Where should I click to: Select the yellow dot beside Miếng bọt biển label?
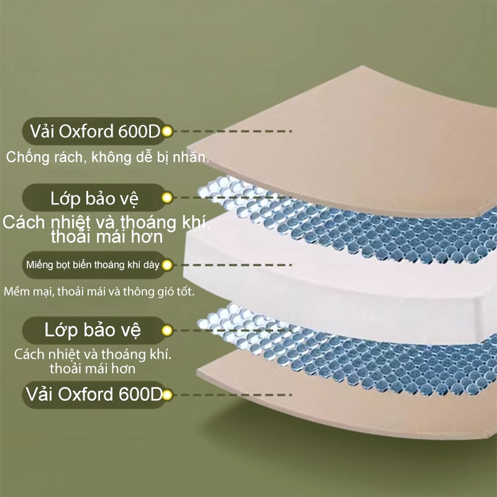[167, 265]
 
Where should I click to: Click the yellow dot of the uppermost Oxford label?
[167, 131]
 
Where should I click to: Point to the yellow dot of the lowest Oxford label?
[167, 395]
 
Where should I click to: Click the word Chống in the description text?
[28, 158]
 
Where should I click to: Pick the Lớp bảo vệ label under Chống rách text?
[94, 198]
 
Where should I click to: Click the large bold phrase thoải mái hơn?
[107, 237]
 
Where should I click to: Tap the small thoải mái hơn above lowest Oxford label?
[93, 368]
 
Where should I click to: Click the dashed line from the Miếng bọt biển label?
[232, 265]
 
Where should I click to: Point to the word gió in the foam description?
[166, 292]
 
